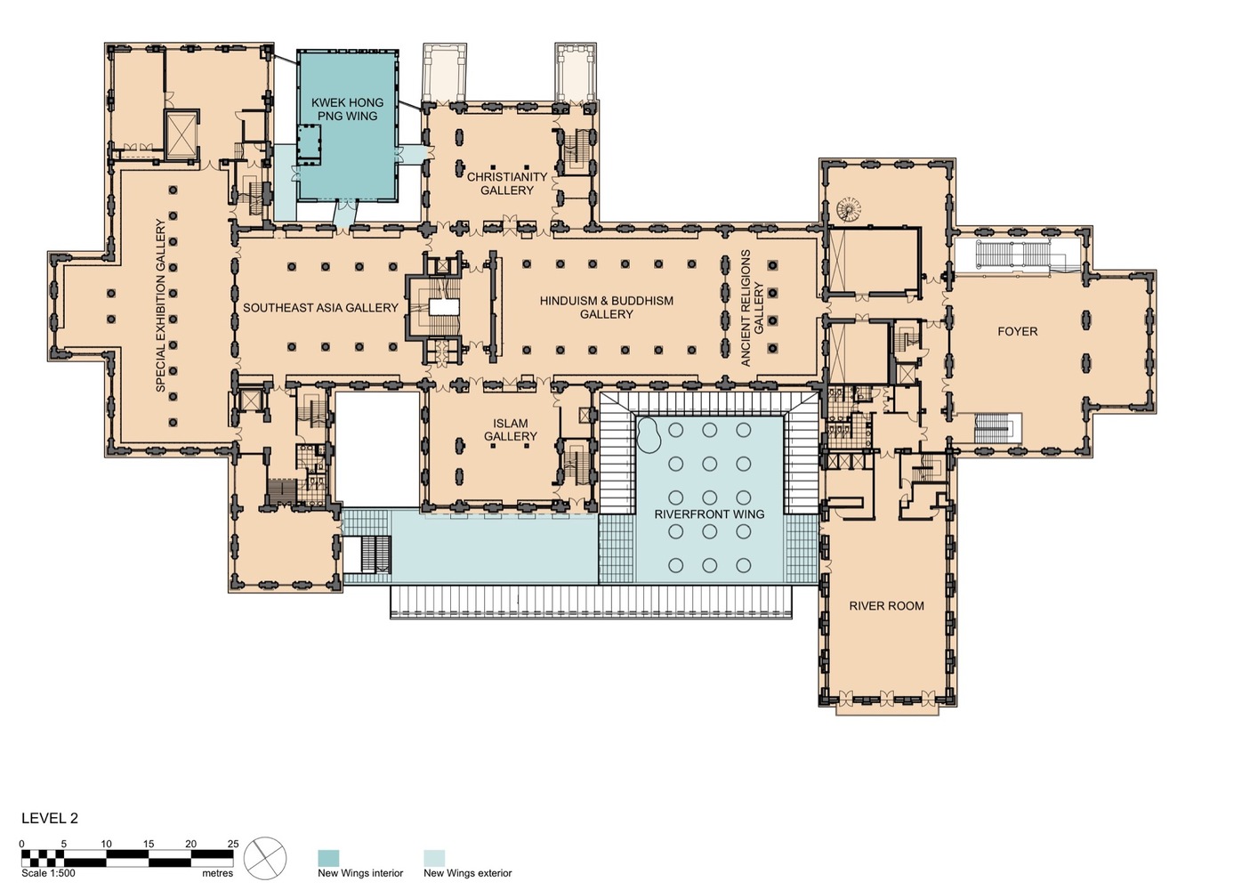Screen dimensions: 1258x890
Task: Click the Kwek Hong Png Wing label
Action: [x=348, y=109]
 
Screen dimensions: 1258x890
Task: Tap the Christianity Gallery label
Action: [x=507, y=183]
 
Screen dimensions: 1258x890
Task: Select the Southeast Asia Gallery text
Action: [x=320, y=308]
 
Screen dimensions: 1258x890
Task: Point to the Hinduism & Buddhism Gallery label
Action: [x=607, y=307]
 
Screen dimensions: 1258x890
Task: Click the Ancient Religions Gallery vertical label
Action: [x=753, y=309]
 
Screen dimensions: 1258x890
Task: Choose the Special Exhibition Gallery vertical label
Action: [x=161, y=305]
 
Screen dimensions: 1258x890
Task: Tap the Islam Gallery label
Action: [x=511, y=429]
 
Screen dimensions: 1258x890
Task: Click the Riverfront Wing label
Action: [x=709, y=514]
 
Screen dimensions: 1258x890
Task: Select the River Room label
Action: [x=887, y=606]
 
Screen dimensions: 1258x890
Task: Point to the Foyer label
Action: [x=1018, y=331]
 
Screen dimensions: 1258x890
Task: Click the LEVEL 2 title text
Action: [x=50, y=818]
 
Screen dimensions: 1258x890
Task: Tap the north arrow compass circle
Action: [x=265, y=858]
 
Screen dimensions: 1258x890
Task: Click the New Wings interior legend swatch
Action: [x=328, y=858]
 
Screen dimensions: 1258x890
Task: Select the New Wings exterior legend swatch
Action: [x=434, y=858]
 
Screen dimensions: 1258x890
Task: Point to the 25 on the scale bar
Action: [x=233, y=844]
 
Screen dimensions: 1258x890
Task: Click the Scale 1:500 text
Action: [x=48, y=873]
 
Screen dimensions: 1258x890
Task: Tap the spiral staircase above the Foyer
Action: [x=848, y=209]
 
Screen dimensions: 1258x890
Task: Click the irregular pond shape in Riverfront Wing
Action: [x=650, y=435]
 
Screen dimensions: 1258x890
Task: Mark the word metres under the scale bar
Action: [x=218, y=873]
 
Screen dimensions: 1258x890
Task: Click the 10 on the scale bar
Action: [x=106, y=844]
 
